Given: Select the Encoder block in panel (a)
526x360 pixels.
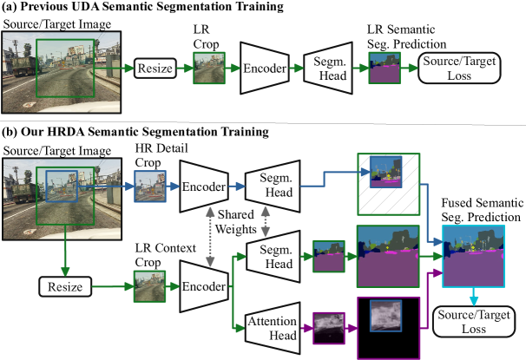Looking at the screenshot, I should pos(266,68).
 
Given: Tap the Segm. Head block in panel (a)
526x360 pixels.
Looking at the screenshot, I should pos(328,68).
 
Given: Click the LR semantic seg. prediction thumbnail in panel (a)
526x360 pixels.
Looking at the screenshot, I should pos(383,68).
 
